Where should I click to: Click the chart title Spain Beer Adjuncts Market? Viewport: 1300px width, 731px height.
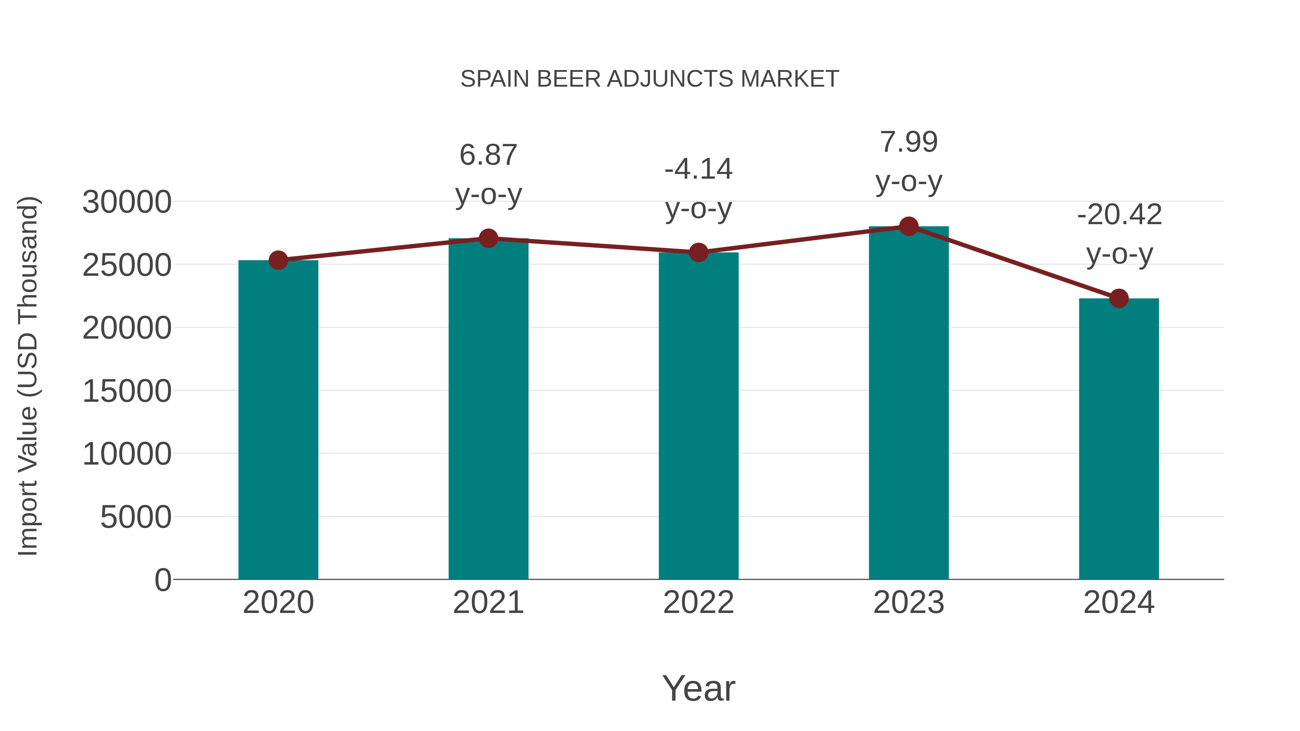tap(650, 79)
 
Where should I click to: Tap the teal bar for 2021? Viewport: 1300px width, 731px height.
tap(488, 409)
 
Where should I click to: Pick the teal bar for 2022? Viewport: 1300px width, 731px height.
tap(698, 416)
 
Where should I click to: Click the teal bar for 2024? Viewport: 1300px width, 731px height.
tap(1119, 439)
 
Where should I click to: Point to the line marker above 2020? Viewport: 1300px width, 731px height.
tap(278, 260)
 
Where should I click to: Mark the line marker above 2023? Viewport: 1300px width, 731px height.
tap(909, 226)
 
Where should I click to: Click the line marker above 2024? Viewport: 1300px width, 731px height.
tap(1119, 299)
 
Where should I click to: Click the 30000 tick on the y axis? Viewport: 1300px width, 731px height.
tap(127, 202)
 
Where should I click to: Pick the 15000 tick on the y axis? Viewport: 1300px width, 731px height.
tap(127, 391)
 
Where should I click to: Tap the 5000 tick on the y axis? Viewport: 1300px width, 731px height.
tap(136, 517)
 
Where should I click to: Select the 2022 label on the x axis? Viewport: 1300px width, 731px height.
tap(698, 602)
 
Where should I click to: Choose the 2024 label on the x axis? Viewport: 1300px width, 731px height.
tap(1119, 602)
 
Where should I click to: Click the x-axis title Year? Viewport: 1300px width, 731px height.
tap(698, 688)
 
